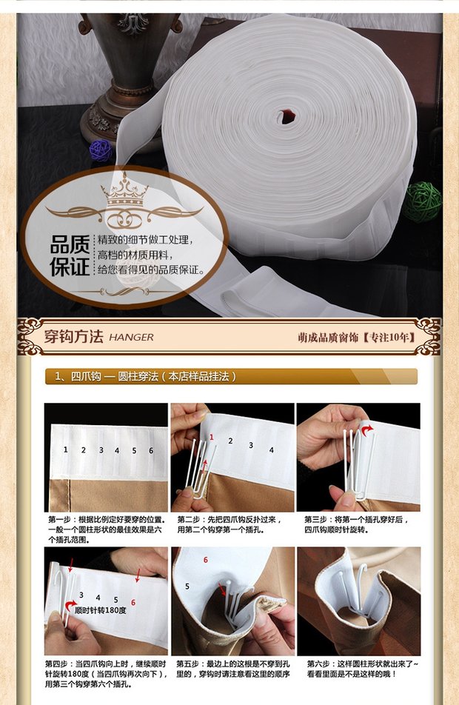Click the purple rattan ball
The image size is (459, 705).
(x=101, y=150)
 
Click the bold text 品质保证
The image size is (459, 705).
(x=70, y=255)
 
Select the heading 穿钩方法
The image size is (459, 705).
(x=74, y=336)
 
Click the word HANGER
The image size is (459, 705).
(x=131, y=337)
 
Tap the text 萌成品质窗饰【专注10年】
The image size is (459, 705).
(x=357, y=337)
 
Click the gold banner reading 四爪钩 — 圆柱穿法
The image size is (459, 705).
(x=231, y=376)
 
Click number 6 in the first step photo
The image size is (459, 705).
(x=151, y=450)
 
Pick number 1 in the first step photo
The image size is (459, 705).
(x=66, y=450)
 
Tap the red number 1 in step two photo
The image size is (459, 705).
(x=211, y=437)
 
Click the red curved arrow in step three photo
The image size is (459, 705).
(x=366, y=430)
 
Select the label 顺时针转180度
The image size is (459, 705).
(x=100, y=610)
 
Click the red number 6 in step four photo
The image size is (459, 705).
(x=133, y=603)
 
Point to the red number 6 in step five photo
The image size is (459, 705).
(x=206, y=560)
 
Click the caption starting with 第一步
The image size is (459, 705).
(x=105, y=529)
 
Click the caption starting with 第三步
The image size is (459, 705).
(x=357, y=525)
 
